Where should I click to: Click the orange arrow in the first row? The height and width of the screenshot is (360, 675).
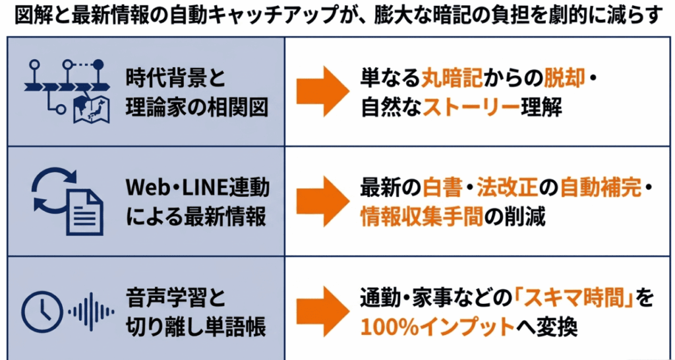click(x=323, y=91)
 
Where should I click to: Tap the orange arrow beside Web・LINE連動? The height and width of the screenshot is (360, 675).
click(x=323, y=201)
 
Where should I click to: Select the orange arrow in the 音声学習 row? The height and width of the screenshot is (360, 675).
click(x=323, y=311)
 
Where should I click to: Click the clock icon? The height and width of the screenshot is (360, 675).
click(x=42, y=312)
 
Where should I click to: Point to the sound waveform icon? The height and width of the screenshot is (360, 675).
click(x=91, y=312)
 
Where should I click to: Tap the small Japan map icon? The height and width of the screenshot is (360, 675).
click(x=92, y=109)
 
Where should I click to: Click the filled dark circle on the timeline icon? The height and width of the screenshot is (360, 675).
click(x=99, y=65)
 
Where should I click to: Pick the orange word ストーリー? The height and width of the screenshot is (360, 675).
click(x=471, y=107)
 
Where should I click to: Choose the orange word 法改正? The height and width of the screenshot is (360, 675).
click(x=508, y=189)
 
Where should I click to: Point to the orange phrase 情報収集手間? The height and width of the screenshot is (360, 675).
click(x=423, y=217)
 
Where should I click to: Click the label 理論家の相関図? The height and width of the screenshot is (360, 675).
click(x=196, y=107)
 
